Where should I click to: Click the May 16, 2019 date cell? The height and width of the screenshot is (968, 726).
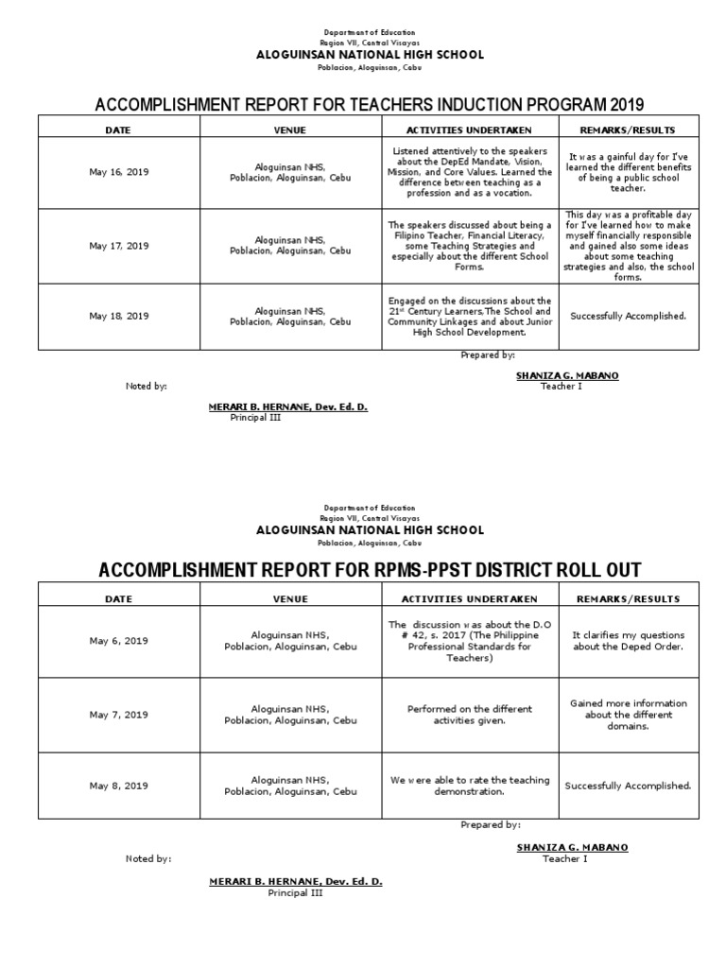[119, 173]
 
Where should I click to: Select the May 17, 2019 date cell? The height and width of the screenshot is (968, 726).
[119, 246]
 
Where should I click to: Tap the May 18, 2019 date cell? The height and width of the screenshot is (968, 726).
[119, 316]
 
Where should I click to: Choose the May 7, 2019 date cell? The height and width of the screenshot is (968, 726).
[119, 715]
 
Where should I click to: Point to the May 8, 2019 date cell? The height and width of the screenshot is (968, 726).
[119, 786]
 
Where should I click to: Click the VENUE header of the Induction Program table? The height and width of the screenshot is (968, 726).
[290, 130]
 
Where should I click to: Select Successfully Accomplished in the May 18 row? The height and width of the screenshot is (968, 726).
[628, 316]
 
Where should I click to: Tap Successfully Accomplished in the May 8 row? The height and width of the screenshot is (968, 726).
[628, 786]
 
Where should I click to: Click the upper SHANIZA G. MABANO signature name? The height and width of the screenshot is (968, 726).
[567, 375]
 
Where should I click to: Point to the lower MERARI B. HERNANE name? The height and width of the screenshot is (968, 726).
[295, 881]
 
